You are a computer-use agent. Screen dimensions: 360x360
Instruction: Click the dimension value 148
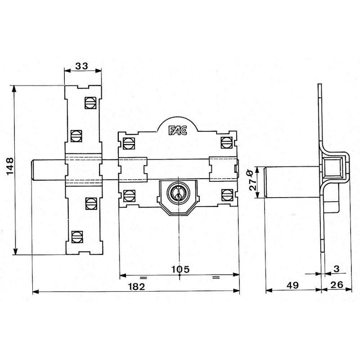click(10, 166)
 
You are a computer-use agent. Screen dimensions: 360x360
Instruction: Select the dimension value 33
click(82, 66)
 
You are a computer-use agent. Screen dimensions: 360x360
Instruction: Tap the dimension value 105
click(181, 269)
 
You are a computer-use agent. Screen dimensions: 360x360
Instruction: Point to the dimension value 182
click(137, 287)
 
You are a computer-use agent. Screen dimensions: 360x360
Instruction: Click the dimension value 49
click(293, 285)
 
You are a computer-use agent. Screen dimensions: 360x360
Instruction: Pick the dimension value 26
click(337, 285)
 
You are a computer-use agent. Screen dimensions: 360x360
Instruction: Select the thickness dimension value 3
click(336, 269)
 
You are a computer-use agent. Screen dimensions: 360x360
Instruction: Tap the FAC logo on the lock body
click(178, 130)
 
